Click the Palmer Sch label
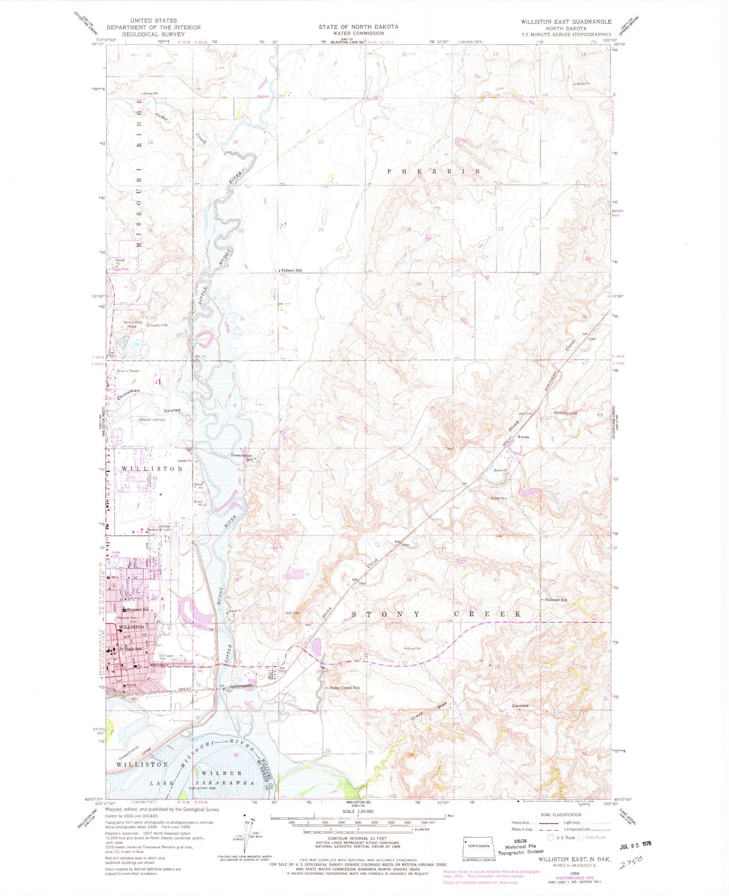coord(292,270)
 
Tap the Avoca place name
coord(523,437)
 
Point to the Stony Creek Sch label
coord(345,688)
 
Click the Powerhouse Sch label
coord(242,457)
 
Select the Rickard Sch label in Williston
coord(138,609)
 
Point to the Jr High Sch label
coord(131,649)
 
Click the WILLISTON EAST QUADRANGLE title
coord(566,22)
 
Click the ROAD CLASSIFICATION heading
coord(560,814)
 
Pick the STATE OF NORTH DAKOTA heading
coord(358,26)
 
